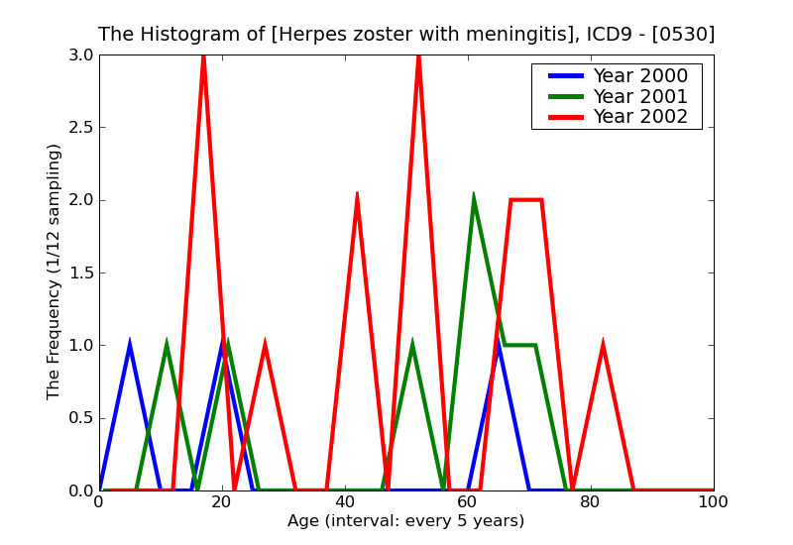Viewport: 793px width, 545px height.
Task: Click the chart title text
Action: (x=406, y=34)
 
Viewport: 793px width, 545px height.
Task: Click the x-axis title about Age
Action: (x=405, y=521)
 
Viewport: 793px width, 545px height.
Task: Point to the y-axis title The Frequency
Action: (x=55, y=272)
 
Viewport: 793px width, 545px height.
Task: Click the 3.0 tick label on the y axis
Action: (x=82, y=55)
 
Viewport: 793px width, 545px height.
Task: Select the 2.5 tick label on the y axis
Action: (x=82, y=128)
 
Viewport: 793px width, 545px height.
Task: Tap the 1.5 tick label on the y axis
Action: (x=82, y=273)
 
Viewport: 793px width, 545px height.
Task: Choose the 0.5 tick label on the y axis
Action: (x=82, y=418)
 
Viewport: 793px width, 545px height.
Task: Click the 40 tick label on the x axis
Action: (x=344, y=502)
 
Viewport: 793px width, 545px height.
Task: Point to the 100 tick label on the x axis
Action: (x=713, y=502)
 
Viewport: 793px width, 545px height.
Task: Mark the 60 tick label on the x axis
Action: (x=467, y=502)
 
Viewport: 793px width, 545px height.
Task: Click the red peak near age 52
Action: (x=418, y=57)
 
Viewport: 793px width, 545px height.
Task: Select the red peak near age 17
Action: (x=203, y=57)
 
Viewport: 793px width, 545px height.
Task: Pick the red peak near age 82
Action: (x=603, y=345)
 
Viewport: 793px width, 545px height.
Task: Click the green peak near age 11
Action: (x=167, y=345)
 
